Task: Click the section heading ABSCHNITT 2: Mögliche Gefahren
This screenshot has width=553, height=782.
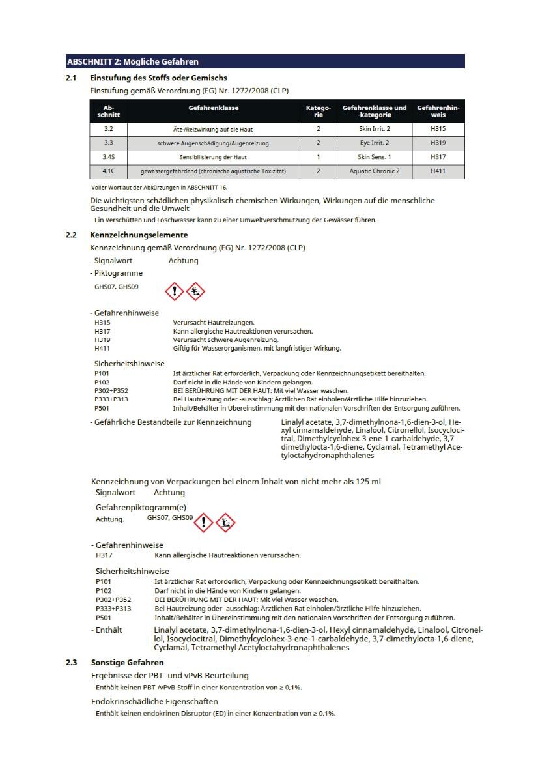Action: click(x=133, y=62)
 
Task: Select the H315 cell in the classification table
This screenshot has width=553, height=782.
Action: click(x=438, y=129)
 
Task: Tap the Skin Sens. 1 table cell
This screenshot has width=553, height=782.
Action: click(x=374, y=157)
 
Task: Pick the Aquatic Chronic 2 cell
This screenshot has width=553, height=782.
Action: click(x=374, y=171)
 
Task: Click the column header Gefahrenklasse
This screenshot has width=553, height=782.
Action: click(x=214, y=108)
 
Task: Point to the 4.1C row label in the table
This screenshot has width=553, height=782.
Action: click(x=108, y=171)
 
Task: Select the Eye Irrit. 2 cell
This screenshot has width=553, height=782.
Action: click(x=374, y=143)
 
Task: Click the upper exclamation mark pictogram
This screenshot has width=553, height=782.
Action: click(x=175, y=291)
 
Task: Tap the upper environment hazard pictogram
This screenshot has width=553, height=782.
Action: click(x=195, y=291)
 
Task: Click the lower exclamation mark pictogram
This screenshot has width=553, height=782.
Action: click(x=204, y=522)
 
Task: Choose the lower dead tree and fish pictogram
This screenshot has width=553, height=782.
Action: click(x=225, y=522)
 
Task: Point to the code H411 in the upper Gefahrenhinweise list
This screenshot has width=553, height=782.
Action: click(x=102, y=348)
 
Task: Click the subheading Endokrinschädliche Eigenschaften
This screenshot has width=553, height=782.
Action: click(x=154, y=701)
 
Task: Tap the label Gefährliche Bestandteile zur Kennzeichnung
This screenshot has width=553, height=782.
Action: click(x=171, y=422)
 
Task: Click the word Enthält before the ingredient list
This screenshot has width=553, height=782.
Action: click(x=108, y=630)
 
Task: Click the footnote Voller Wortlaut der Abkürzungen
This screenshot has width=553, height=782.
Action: click(x=155, y=188)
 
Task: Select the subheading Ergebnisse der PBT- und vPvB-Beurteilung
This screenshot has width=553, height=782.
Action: click(x=169, y=675)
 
